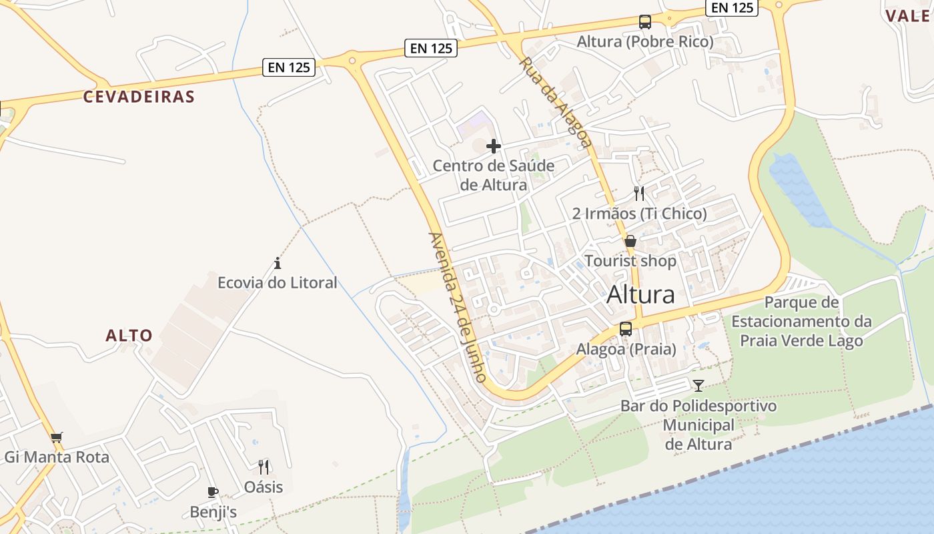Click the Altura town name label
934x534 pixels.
[x=640, y=294]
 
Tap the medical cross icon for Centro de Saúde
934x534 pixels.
[x=494, y=146]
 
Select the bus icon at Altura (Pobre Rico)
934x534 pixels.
[x=644, y=22]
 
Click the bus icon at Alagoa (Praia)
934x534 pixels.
[x=626, y=328]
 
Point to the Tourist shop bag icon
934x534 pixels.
[x=630, y=241]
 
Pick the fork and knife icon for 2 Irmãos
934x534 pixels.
[x=639, y=194]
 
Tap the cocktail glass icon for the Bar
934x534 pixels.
[x=698, y=385]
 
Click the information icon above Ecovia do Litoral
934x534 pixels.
[x=278, y=263]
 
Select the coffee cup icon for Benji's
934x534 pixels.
[x=213, y=493]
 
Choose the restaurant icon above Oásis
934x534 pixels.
[x=264, y=467]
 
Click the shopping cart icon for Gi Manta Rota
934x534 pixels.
[x=57, y=438]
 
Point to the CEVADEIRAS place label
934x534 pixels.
[x=139, y=97]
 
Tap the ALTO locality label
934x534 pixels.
[x=129, y=335]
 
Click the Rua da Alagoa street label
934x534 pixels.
[x=555, y=102]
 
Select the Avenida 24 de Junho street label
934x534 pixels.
[x=458, y=307]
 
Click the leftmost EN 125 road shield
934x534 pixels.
[x=289, y=67]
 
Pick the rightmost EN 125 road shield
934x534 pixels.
[x=733, y=7]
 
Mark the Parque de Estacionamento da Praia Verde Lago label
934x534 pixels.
[x=801, y=322]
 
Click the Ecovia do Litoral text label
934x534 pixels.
[x=278, y=283]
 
